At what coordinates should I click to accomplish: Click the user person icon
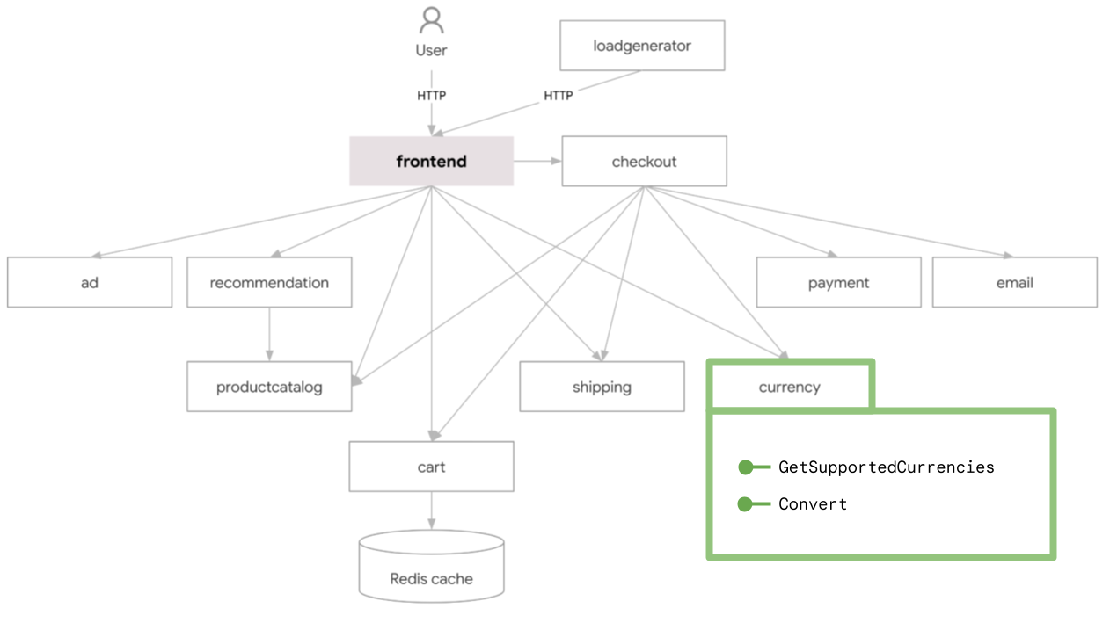(x=431, y=20)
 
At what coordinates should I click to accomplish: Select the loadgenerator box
(x=642, y=46)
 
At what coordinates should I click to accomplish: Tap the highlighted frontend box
(x=431, y=162)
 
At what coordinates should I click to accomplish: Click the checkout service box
(x=644, y=162)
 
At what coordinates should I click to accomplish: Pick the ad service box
(x=90, y=283)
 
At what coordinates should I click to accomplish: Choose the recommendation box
(x=269, y=283)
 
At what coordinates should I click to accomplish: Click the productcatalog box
(x=269, y=388)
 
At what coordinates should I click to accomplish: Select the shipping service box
(x=602, y=388)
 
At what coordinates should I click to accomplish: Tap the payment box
(x=838, y=283)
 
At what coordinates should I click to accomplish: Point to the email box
(x=1014, y=283)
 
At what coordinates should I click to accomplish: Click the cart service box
(x=431, y=467)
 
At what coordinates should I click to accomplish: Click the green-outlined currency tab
(x=790, y=387)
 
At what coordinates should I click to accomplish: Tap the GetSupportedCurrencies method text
(x=886, y=467)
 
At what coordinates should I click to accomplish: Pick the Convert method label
(x=813, y=504)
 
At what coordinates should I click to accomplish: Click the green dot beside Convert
(x=745, y=504)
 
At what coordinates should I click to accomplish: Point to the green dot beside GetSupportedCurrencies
(x=745, y=467)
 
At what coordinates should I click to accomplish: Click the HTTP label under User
(x=431, y=95)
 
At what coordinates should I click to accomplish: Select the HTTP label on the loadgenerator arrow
(x=558, y=95)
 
